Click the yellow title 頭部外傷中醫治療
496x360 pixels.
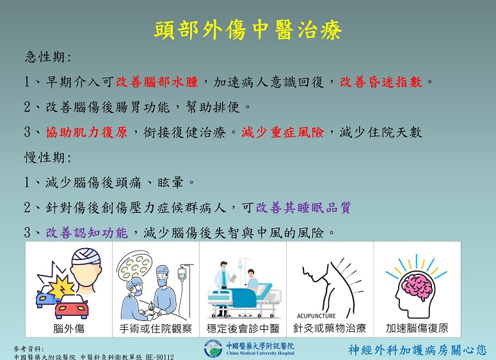[x=248, y=30]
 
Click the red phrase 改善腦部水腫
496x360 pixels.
[x=157, y=82]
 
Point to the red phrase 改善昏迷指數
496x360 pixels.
[x=381, y=82]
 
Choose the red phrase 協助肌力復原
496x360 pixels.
[x=86, y=132]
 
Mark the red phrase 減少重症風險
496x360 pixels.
[x=283, y=132]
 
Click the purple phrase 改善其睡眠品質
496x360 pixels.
[x=303, y=208]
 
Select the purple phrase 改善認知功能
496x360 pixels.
[x=86, y=233]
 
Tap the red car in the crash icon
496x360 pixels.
[x=72, y=307]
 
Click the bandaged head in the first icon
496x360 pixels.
[x=86, y=271]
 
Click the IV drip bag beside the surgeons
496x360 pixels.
[x=182, y=274]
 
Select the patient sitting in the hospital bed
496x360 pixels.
[x=252, y=280]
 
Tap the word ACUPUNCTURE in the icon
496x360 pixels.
[x=316, y=316]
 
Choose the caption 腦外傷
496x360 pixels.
[x=68, y=329]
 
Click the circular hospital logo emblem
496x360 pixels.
[x=213, y=349]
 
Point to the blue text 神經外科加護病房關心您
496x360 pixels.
[x=417, y=350]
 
